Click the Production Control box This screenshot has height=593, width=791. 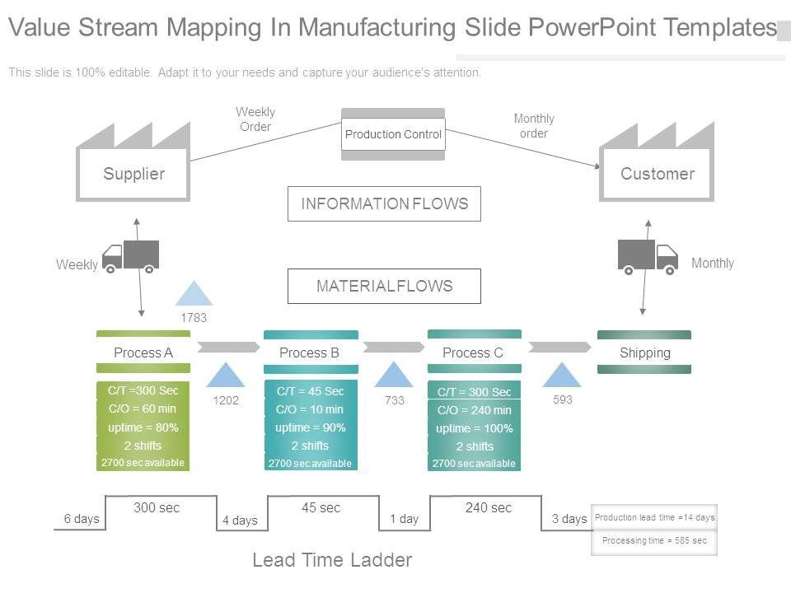393,134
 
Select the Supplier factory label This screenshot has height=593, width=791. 133,174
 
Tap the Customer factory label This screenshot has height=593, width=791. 657,174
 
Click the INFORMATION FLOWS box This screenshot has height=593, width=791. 384,204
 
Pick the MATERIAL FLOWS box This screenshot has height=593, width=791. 384,287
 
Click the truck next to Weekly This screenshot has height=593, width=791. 130,256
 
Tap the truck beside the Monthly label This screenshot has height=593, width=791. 648,255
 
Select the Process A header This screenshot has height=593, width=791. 143,353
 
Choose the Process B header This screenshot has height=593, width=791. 310,353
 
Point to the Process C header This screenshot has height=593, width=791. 473,353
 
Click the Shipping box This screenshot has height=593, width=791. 644,353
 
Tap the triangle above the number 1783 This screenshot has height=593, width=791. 194,293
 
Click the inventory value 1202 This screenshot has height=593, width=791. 226,399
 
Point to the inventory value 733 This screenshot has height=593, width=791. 394,399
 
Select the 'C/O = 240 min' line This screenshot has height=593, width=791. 474,410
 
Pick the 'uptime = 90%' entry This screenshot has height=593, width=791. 310,427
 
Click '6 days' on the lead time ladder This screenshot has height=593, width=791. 81,519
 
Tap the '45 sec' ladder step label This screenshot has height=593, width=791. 321,508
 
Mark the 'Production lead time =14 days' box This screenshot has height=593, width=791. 654,517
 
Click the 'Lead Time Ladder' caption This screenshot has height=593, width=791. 332,561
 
